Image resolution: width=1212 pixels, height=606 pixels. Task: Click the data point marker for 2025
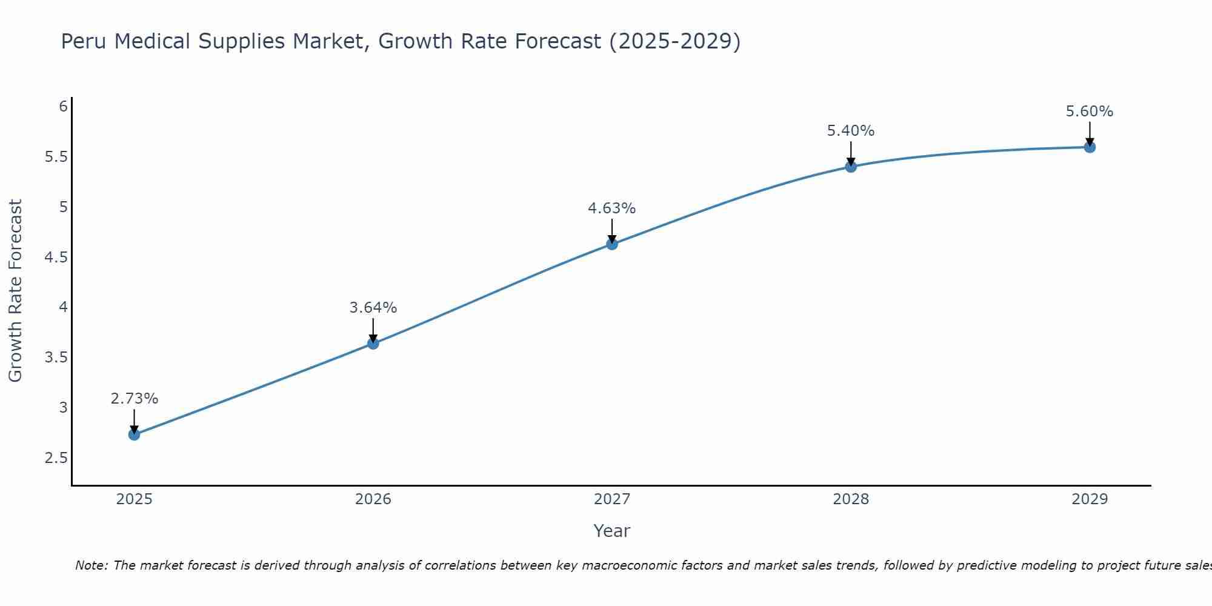[x=135, y=435]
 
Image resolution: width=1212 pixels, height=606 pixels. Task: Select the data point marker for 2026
[x=373, y=344]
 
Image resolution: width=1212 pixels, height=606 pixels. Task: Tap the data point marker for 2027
[x=612, y=244]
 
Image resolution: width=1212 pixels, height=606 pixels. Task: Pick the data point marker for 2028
[x=851, y=167]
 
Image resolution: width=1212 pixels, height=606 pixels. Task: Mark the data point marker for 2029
[x=1090, y=147]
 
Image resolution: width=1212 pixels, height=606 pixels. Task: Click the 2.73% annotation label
[x=135, y=399]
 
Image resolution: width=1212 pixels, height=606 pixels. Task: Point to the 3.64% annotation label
[x=373, y=308]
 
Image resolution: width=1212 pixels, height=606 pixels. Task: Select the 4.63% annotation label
[x=612, y=208]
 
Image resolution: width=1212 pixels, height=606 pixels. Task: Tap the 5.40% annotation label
[x=851, y=131]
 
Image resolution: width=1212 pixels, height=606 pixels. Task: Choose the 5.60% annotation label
[x=1090, y=112]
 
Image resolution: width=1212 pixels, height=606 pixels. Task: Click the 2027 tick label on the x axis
[x=612, y=499]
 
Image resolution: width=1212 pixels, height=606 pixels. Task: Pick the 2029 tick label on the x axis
[x=1090, y=499]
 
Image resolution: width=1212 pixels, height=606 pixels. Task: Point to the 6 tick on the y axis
[x=63, y=107]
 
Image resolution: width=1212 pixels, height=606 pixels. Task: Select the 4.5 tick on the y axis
[x=56, y=258]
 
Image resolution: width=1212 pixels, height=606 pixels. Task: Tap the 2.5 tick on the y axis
[x=56, y=458]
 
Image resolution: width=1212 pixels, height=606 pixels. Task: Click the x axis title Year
[x=612, y=531]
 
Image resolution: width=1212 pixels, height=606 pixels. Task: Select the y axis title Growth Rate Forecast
[x=15, y=291]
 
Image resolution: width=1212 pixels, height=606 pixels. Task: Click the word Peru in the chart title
[x=84, y=41]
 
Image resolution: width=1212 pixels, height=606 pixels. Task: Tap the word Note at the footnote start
[x=91, y=565]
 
